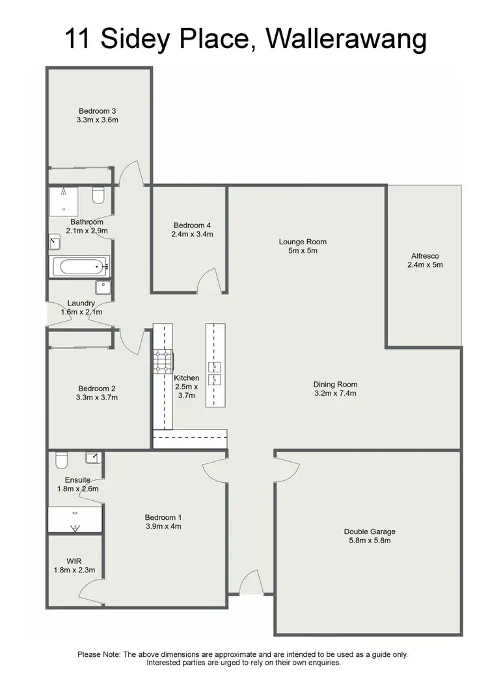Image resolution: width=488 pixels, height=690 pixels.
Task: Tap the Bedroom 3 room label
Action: point(98,111)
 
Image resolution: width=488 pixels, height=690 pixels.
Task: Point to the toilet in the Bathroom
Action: point(99,195)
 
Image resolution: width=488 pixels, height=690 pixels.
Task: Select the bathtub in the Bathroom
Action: point(79,266)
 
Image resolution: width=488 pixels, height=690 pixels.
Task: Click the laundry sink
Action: point(103,287)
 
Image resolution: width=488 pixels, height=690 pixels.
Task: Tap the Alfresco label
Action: point(424,255)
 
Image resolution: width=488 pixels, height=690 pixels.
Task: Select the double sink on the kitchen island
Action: point(215,373)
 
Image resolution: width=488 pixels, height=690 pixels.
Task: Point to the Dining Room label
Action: point(335,384)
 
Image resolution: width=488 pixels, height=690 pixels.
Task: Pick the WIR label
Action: point(74,561)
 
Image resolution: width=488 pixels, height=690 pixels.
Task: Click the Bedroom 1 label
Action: point(163,517)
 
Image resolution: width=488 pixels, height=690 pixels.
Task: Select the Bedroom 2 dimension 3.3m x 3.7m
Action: point(97,398)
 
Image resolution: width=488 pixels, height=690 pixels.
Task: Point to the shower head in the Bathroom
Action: point(64,192)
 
